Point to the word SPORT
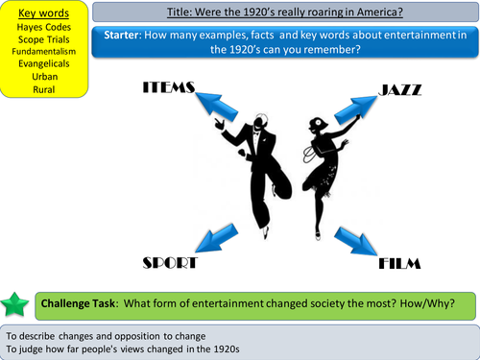click(169, 262)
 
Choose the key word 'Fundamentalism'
click(44, 53)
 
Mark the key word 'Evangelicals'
click(44, 65)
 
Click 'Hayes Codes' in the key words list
click(44, 28)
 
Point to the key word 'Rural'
click(44, 90)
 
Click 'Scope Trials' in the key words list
click(44, 40)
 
